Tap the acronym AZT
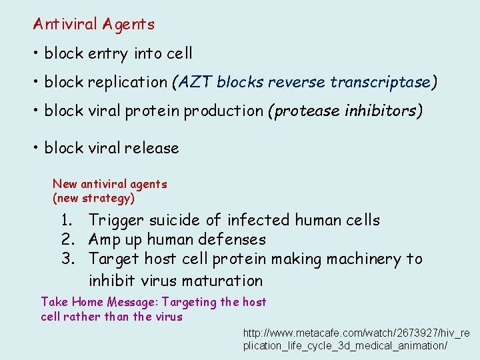194,82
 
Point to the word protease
303,111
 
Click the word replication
129,83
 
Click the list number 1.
66,220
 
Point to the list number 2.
66,239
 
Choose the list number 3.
66,259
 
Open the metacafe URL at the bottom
356,339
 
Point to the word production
223,111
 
